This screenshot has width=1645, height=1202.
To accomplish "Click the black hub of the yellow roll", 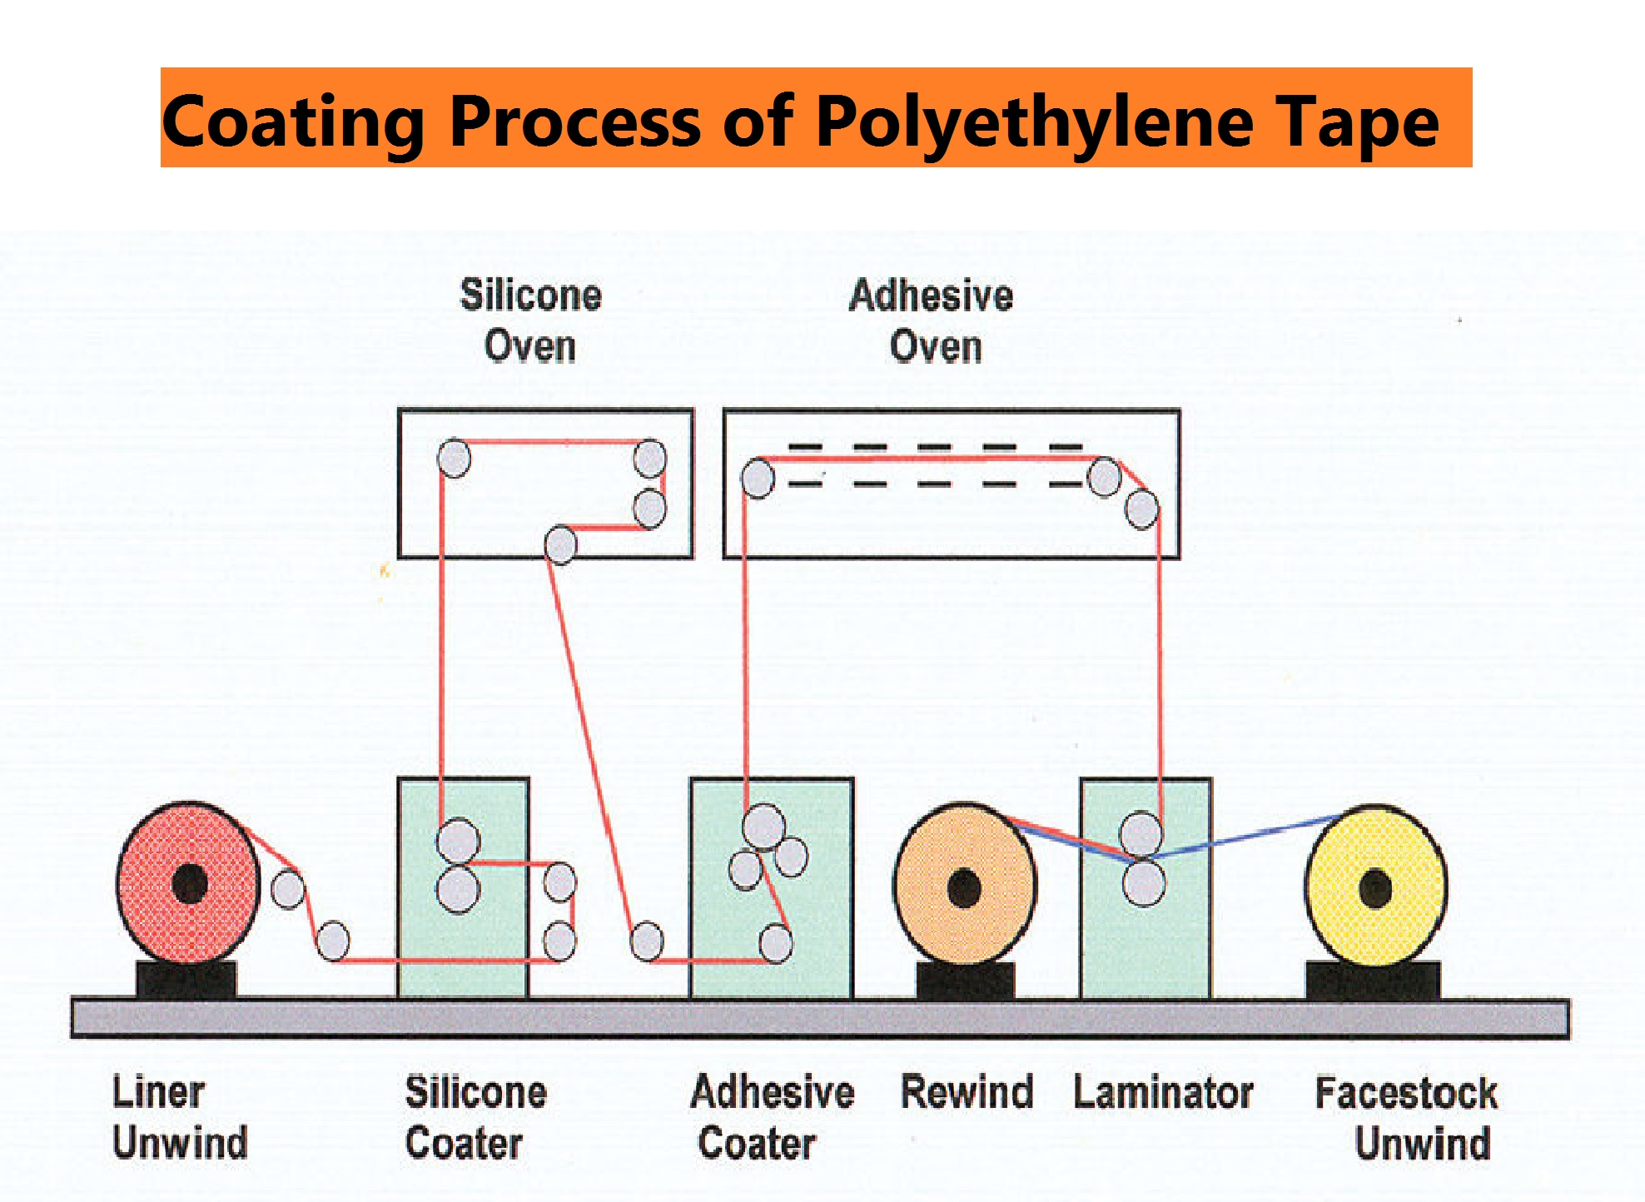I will [1375, 888].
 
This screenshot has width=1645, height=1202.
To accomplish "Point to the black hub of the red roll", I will [190, 883].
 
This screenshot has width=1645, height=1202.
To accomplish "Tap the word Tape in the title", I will [1357, 122].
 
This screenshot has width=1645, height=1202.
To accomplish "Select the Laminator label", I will [1163, 1092].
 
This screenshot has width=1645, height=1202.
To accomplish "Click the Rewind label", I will [967, 1092].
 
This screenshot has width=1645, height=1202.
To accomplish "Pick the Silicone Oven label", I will [530, 320].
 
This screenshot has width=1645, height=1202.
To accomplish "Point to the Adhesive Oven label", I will [932, 320].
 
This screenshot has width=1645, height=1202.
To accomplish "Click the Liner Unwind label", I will [179, 1117].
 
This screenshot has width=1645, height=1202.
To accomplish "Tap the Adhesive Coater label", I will [772, 1117].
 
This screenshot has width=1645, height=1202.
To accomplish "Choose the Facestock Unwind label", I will [1407, 1117].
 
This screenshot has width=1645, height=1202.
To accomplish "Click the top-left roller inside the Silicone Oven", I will [455, 458].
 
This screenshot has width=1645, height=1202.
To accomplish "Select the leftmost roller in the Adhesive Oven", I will [758, 479].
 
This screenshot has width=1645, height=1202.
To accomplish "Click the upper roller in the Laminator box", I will [1141, 833].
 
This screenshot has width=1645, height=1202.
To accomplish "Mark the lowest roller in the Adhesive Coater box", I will [776, 943].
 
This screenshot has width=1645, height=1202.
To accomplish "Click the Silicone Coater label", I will [475, 1117].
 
